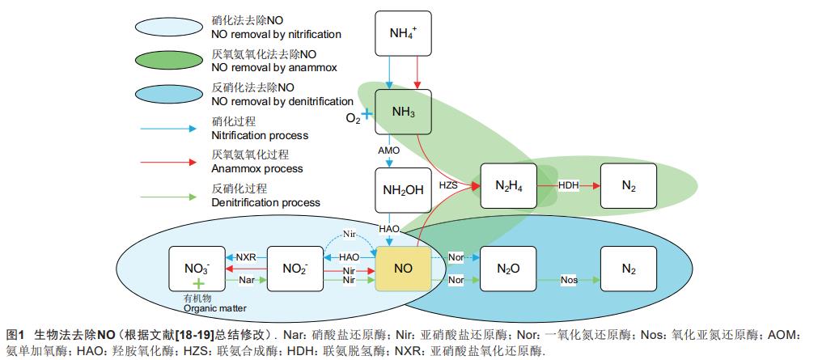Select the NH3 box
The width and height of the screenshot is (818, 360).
coord(404,112)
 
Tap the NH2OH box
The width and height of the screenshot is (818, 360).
coord(404,191)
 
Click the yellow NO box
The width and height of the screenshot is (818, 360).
coord(404,266)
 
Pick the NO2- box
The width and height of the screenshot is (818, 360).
coord(295,266)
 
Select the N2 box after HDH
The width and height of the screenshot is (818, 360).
coord(628,186)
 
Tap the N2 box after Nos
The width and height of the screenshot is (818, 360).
coord(628,266)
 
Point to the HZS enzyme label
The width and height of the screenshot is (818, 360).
coord(449,185)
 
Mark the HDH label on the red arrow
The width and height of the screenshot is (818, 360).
coord(570,186)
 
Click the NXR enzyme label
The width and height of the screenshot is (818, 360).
coord(245,256)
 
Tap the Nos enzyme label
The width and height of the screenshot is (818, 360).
coord(570,280)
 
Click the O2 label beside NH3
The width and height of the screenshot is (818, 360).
coord(353,118)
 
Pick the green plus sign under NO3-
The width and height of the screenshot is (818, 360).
coord(197,284)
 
